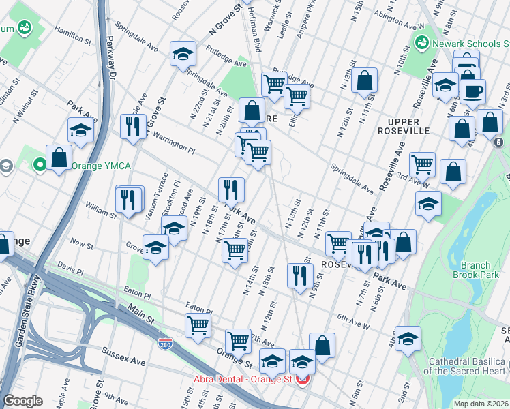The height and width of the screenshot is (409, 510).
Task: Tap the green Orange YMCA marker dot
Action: tap(40, 164)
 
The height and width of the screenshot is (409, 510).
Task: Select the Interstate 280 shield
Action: tap(165, 343)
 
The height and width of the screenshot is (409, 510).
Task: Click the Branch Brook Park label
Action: tap(475, 270)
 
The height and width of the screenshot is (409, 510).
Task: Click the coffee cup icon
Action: tap(472, 91)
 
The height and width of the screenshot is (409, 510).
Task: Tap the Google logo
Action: tap(22, 401)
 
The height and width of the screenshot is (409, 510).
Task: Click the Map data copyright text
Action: tap(481, 404)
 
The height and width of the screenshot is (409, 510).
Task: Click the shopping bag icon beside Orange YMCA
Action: tap(59, 157)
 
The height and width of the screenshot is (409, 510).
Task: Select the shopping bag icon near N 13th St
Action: tap(365, 80)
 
